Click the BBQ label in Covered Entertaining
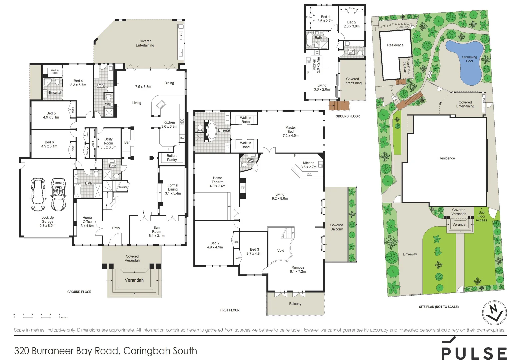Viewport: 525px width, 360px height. tap(181, 36)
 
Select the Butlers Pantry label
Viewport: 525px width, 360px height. tap(172, 158)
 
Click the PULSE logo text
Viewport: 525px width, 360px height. tap(474, 353)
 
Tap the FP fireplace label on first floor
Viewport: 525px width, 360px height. tap(243, 188)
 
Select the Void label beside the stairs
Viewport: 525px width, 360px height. tap(281, 250)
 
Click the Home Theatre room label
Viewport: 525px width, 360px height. tap(217, 182)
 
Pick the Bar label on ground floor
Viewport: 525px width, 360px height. tap(127, 142)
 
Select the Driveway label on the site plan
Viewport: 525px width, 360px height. tap(410, 254)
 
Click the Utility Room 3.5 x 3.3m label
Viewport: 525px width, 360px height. tap(108, 143)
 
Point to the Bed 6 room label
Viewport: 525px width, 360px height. tap(49, 144)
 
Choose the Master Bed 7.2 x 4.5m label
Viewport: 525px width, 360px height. tap(290, 131)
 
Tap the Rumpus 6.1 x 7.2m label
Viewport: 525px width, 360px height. tap(298, 269)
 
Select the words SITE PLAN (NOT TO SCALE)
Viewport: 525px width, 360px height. tap(439, 307)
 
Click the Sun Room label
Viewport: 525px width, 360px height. tap(156, 231)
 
